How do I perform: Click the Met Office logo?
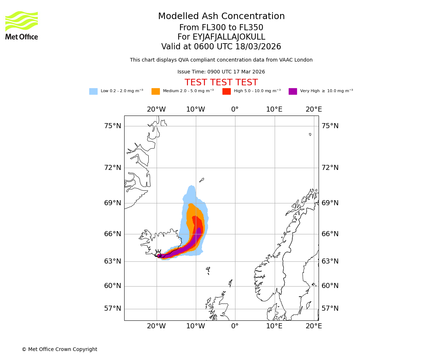22,25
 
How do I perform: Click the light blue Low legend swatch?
93,91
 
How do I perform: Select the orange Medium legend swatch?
156,91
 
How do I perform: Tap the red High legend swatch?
226,91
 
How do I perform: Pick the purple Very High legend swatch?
293,91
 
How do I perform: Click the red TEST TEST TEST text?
221,82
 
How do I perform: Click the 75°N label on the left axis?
113,126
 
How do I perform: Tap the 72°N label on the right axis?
330,168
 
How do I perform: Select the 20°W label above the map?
156,109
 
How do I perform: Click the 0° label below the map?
235,326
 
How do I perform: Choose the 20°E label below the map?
314,326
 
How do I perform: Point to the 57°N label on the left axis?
113,309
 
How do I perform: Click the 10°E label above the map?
274,109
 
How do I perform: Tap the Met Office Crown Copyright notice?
59,349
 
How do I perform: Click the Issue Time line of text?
221,72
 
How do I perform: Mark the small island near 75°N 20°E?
310,134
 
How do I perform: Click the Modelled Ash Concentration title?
221,16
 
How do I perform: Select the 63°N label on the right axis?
330,261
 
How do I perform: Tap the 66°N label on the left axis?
113,234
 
